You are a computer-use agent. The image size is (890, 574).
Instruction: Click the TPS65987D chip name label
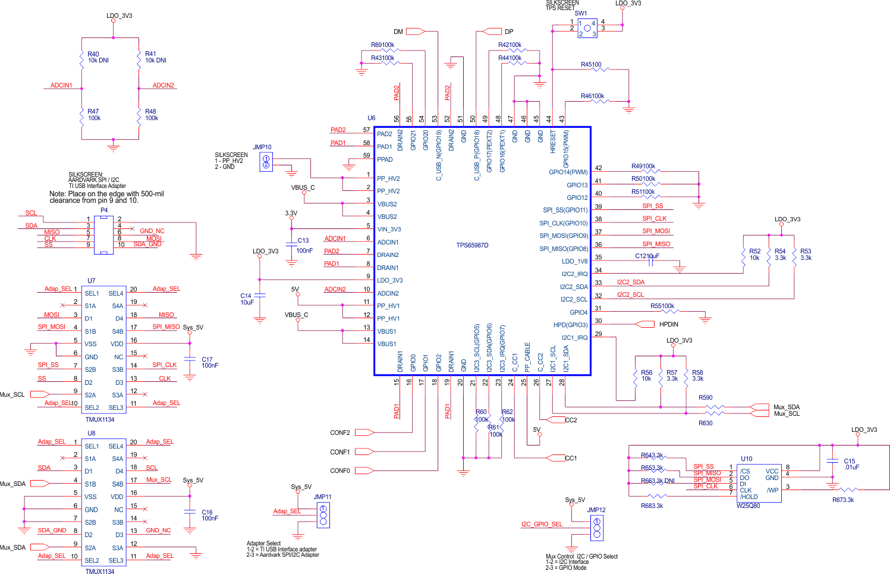472,245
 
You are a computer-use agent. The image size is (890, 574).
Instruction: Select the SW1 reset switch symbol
587,28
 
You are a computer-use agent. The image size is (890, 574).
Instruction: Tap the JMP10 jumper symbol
266,161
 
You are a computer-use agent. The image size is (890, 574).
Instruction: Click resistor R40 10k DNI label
98,57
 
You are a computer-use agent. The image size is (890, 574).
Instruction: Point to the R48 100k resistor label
152,115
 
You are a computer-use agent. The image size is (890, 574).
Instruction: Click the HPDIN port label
668,324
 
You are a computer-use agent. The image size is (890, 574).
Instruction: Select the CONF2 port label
340,432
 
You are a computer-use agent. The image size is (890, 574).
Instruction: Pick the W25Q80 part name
748,506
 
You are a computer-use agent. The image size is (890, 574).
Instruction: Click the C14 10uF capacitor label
247,299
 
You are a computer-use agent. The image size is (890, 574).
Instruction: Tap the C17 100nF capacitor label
210,362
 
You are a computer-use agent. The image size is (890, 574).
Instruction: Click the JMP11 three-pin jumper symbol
323,515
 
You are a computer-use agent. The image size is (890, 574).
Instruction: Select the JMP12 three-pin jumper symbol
596,528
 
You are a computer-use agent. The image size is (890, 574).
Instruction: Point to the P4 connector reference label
104,210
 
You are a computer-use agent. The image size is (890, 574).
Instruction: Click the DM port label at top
398,32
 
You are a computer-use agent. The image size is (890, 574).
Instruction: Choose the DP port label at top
509,32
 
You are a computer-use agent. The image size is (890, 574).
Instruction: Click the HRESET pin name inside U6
553,142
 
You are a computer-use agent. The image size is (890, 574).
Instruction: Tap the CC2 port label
571,420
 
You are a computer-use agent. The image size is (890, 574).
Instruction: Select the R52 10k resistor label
754,255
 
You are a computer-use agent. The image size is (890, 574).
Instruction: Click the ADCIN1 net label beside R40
61,85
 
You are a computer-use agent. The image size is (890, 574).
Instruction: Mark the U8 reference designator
91,433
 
